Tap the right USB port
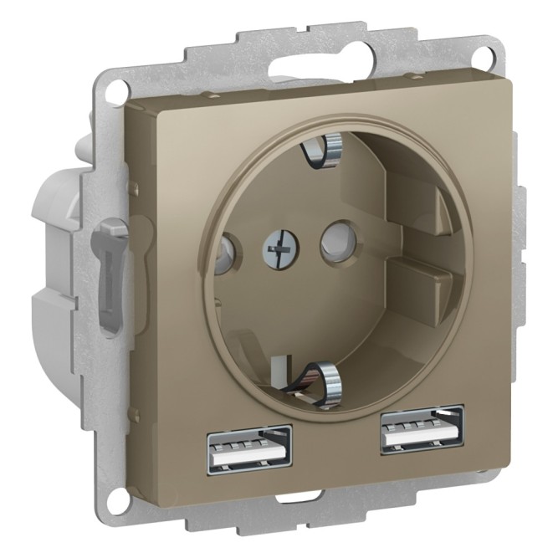[422, 429]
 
